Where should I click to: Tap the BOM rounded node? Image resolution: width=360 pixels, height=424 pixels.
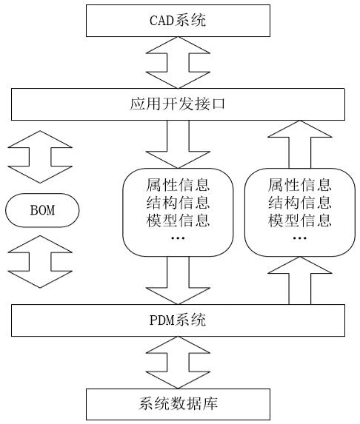pyautogui.click(x=42, y=212)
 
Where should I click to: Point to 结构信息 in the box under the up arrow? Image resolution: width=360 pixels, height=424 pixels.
pyautogui.click(x=299, y=202)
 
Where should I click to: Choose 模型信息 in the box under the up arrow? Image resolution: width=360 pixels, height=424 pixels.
pyautogui.click(x=299, y=220)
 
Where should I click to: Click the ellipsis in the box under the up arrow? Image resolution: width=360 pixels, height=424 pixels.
pyautogui.click(x=299, y=238)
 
